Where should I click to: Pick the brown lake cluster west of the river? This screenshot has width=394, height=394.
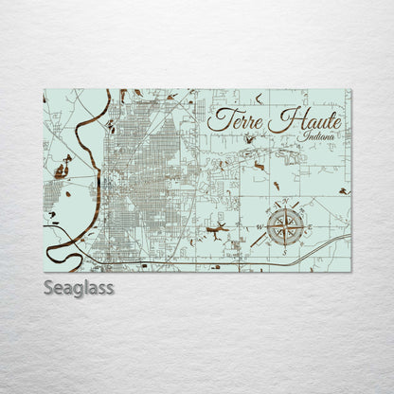tap(61, 170)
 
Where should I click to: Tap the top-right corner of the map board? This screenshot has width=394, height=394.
tap(350, 89)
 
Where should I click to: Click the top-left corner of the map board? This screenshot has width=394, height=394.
tap(45, 89)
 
